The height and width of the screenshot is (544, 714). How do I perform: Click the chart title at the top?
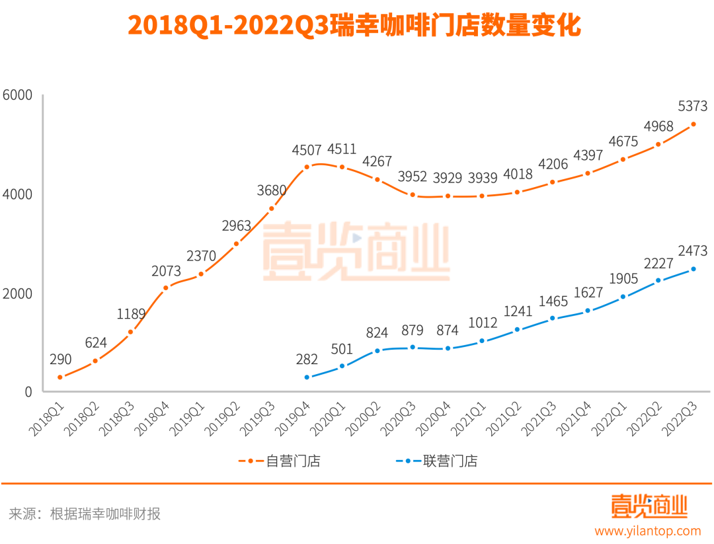[354, 26]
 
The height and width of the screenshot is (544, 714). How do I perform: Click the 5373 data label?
[693, 106]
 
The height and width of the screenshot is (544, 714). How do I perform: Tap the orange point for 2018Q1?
[60, 377]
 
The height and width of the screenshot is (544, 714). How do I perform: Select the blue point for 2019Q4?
[307, 377]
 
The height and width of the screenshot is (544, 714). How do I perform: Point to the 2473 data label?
[693, 251]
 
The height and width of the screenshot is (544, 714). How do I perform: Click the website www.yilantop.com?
[647, 531]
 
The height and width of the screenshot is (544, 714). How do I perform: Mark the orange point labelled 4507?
[307, 167]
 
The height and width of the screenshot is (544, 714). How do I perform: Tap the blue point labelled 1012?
[482, 340]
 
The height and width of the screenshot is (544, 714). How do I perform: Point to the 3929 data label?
[448, 178]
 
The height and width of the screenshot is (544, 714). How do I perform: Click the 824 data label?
[377, 332]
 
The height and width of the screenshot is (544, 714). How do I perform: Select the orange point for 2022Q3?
[694, 124]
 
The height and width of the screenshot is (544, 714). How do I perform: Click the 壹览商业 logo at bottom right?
[649, 506]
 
